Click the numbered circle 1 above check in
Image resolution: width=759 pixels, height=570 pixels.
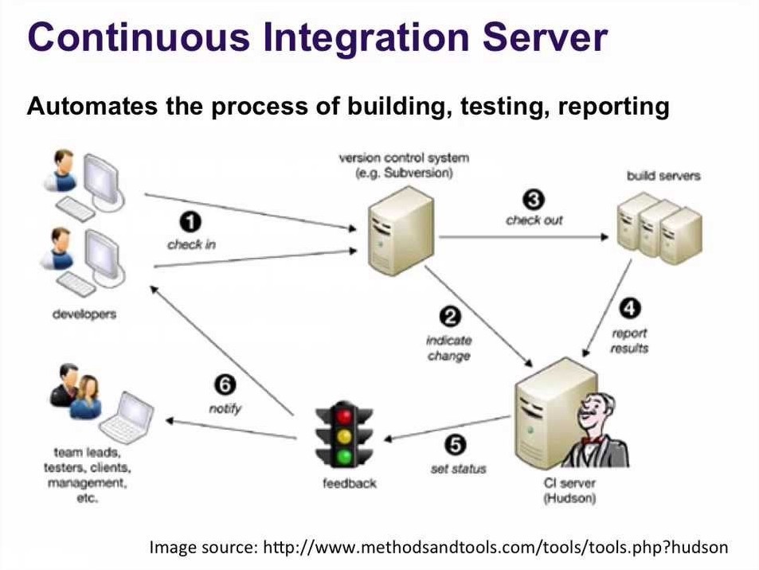(190, 223)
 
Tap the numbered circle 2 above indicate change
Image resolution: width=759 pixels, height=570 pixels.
(450, 317)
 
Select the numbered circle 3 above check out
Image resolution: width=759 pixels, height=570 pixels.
(534, 199)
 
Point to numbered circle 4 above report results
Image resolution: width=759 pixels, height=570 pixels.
(630, 309)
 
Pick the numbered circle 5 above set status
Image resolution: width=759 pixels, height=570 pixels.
(456, 445)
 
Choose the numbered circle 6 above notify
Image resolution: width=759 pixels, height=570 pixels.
(225, 385)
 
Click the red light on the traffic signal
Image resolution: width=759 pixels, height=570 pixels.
(345, 417)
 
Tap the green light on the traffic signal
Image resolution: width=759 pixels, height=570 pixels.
(345, 455)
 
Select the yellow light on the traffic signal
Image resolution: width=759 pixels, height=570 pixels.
(345, 436)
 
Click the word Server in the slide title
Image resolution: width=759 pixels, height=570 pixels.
(545, 37)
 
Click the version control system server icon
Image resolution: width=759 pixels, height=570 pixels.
(401, 232)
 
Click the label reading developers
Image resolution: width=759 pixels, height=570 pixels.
(84, 314)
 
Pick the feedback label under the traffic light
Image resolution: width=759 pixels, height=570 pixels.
(350, 483)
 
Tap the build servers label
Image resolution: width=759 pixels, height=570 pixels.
(663, 176)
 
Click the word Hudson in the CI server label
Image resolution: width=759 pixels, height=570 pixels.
(569, 498)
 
